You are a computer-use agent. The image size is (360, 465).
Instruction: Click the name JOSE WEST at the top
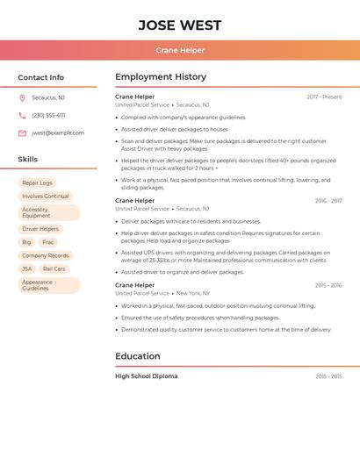click(x=180, y=25)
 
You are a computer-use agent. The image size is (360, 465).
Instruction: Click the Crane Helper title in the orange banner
click(x=180, y=50)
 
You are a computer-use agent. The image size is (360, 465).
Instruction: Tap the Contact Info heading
click(x=41, y=77)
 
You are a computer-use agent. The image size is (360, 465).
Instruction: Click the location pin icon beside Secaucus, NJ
click(x=22, y=98)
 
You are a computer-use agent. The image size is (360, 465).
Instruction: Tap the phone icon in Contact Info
click(x=22, y=116)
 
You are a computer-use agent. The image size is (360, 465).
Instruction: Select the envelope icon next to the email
click(x=22, y=133)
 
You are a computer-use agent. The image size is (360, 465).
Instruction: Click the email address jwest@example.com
click(x=58, y=133)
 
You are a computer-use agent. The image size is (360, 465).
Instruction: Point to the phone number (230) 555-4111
click(x=48, y=116)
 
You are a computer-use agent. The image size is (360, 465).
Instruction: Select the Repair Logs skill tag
click(x=37, y=183)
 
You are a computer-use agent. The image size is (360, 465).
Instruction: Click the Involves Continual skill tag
click(x=45, y=197)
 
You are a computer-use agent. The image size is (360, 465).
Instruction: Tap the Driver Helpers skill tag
click(x=40, y=229)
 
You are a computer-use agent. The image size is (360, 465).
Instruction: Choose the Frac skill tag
click(x=47, y=242)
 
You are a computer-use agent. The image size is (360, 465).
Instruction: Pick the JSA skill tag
click(x=27, y=269)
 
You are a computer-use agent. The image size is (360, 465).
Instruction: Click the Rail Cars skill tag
click(x=54, y=269)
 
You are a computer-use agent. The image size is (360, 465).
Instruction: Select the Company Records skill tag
click(x=45, y=255)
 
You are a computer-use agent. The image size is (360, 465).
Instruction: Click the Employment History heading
click(x=161, y=77)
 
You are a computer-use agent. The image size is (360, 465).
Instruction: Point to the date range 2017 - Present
click(x=324, y=97)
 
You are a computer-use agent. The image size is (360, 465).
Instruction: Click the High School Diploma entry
click(x=146, y=376)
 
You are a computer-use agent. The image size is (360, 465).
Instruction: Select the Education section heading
click(x=138, y=356)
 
